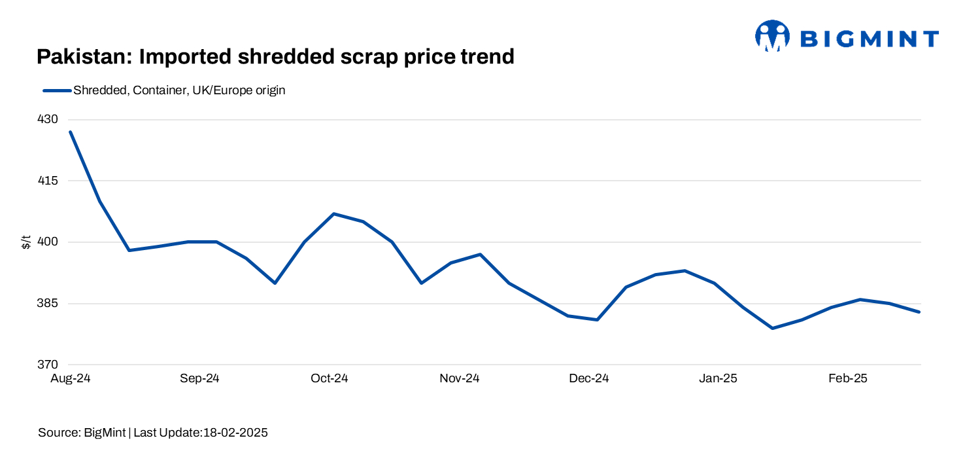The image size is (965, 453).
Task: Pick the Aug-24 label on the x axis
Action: click(x=70, y=378)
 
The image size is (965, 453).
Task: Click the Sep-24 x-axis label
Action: click(x=199, y=378)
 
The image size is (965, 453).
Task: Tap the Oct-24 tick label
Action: click(x=330, y=378)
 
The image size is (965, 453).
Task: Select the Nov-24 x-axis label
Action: click(x=460, y=378)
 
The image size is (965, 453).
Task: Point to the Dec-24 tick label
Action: click(x=589, y=378)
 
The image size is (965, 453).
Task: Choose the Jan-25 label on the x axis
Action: click(x=719, y=378)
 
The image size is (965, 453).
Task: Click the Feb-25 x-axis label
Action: click(x=848, y=378)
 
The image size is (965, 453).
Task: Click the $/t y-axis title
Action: click(x=26, y=242)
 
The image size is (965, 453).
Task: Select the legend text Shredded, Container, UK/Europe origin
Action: click(x=179, y=90)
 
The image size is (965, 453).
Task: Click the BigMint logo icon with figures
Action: click(x=772, y=36)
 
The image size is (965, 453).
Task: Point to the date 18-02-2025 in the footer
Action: click(x=235, y=433)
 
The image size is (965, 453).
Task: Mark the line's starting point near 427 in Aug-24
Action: click(x=70, y=132)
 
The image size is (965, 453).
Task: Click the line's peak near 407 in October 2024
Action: click(x=333, y=213)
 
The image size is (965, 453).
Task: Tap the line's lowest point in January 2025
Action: click(x=773, y=328)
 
